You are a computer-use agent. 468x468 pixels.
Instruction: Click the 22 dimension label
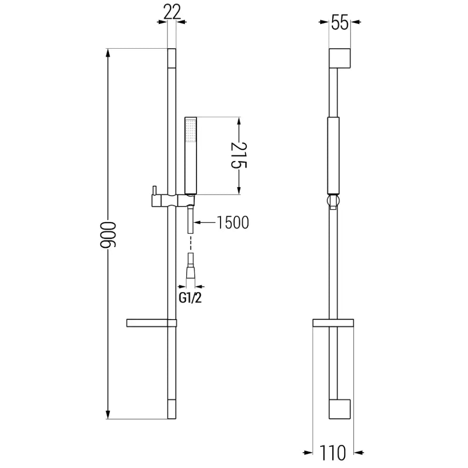coord(172,12)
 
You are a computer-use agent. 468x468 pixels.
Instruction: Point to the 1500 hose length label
coord(232,223)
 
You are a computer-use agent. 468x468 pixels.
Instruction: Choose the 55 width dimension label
coord(340,22)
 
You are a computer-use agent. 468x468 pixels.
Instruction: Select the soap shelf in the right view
coord(333,322)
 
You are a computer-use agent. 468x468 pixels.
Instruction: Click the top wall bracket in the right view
coord(340,58)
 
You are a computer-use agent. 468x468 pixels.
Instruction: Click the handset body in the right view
coord(333,155)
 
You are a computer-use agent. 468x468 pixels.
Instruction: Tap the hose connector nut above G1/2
coord(190,272)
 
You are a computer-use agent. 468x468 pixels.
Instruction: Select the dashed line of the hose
coord(190,243)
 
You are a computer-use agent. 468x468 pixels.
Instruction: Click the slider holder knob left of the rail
coord(153,191)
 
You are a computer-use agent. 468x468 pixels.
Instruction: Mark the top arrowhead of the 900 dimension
coord(109,54)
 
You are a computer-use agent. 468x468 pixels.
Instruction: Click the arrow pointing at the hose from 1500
coord(199,223)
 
